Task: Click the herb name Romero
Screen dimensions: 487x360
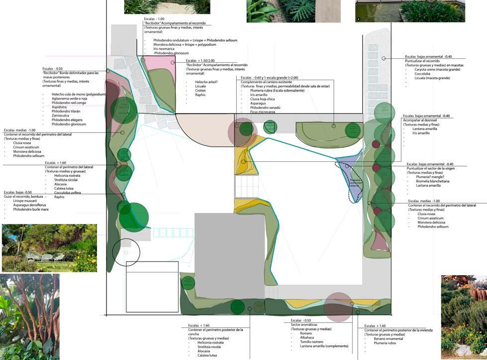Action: point(306,333)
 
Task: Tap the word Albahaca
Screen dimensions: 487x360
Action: point(307,338)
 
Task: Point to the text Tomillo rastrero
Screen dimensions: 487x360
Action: point(312,342)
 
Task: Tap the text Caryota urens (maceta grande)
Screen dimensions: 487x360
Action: point(437,69)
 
